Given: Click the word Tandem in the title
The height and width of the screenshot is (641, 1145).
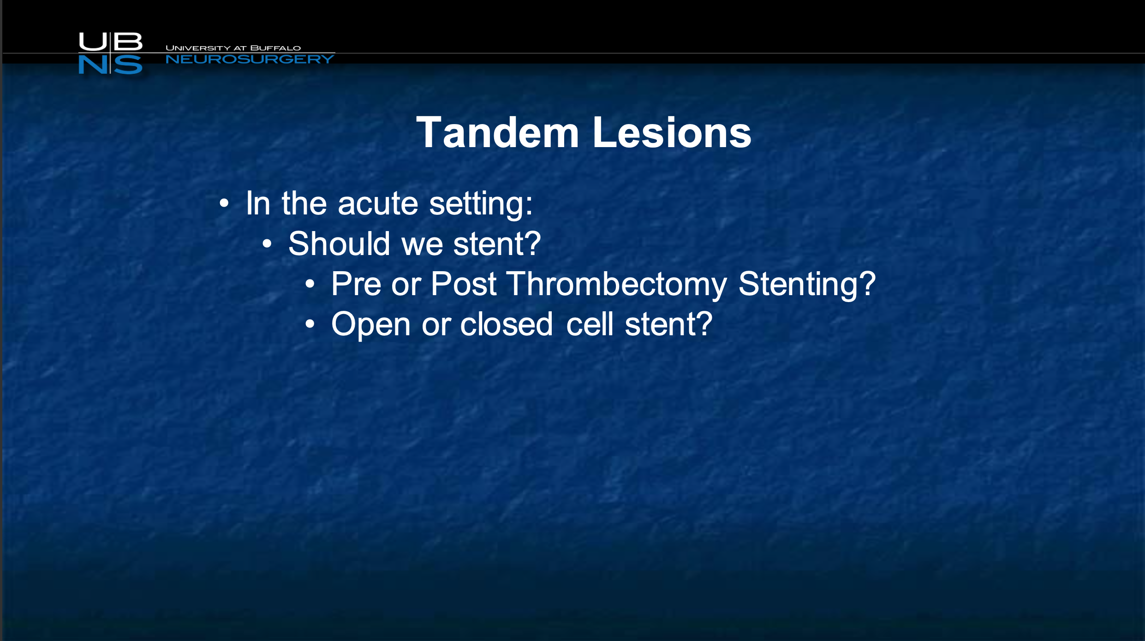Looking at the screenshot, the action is click(x=498, y=132).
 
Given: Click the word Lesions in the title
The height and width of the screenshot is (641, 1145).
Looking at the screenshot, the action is click(x=672, y=132).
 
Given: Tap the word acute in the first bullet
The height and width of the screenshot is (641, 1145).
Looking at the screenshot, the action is click(x=378, y=203).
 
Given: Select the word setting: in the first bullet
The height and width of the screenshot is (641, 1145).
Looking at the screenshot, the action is click(x=481, y=204).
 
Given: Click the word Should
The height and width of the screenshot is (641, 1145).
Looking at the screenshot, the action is click(x=339, y=243).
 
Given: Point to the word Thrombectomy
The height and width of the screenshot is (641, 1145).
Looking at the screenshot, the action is click(x=617, y=284).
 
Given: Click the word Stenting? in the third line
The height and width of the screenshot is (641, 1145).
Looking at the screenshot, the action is click(x=807, y=284).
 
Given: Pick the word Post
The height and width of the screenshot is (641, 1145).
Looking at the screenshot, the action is click(x=464, y=284).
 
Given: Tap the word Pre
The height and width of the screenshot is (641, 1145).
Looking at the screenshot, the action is click(x=355, y=284).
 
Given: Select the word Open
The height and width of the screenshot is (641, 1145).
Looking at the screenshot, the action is click(x=371, y=325).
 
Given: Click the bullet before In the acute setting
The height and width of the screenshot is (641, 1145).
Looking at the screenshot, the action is click(x=224, y=203).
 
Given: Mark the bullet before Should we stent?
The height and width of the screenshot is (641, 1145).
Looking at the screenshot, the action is click(x=267, y=244).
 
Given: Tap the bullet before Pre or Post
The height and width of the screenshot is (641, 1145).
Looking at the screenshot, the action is click(x=310, y=284).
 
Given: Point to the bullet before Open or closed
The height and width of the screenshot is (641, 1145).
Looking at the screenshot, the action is click(x=310, y=324).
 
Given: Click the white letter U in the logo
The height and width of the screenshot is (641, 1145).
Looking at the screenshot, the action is click(x=93, y=42).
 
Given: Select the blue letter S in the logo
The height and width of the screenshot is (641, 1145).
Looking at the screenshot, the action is click(x=128, y=65).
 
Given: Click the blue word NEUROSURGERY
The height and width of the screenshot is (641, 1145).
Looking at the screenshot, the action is click(x=250, y=59).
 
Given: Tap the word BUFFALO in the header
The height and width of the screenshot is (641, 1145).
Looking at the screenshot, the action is click(x=275, y=48).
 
